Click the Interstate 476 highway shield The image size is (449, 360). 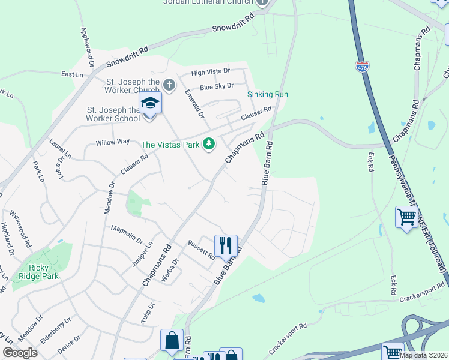point(362,67)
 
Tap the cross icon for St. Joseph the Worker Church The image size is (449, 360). point(169,85)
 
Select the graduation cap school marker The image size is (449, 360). point(149,104)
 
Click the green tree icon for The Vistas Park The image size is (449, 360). point(209,144)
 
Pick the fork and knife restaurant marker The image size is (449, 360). point(226,245)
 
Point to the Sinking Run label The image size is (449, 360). point(268,94)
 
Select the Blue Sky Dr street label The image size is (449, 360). point(216,86)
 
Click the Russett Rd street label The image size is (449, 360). point(201,250)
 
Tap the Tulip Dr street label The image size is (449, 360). point(148,313)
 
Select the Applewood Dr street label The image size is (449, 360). point(87,46)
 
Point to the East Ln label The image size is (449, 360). point(72,74)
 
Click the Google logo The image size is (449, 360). point(20,353)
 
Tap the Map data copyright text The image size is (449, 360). point(423,355)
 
